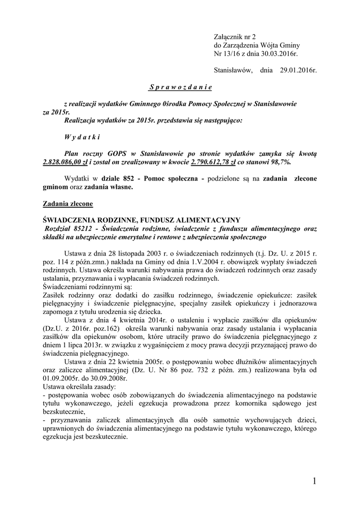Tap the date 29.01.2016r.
(x=297, y=70)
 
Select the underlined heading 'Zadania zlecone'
(x=68, y=203)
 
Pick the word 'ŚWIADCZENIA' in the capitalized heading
(x=70, y=220)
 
